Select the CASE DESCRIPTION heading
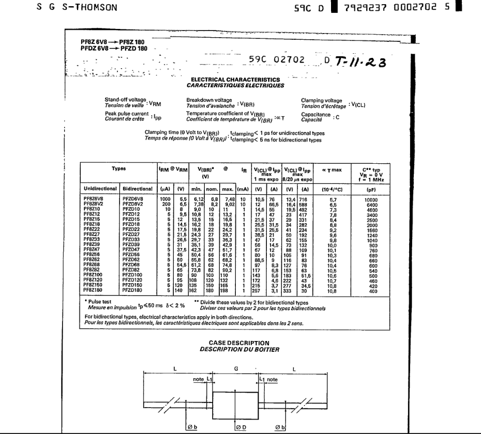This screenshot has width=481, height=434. click(239, 343)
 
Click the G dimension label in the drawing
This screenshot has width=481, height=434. click(236, 369)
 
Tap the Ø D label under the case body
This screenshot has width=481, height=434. click(242, 428)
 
